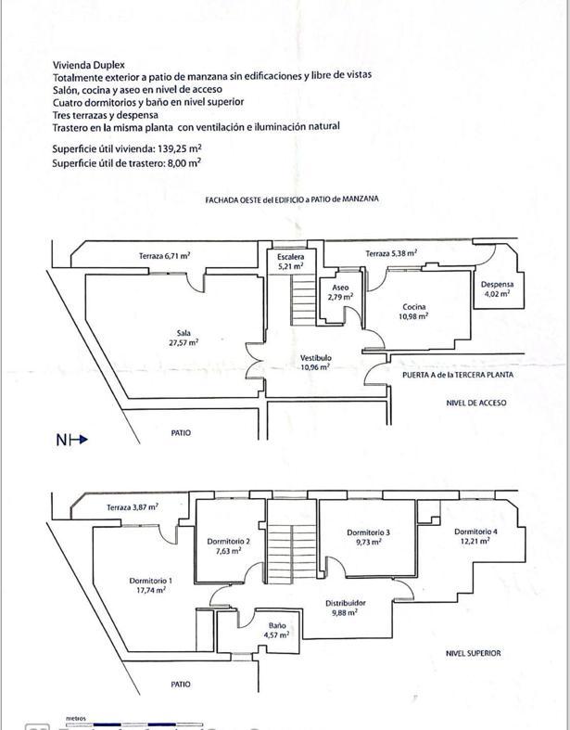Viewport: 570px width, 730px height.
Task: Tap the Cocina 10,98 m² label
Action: (413, 312)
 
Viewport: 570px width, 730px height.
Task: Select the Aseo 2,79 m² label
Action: (340, 292)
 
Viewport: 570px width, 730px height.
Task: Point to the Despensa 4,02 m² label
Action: (497, 289)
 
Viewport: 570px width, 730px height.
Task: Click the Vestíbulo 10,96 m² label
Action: (316, 363)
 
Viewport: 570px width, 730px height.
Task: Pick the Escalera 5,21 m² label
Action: (290, 261)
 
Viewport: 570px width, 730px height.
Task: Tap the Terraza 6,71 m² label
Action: (165, 255)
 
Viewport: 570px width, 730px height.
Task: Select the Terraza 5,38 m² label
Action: (390, 253)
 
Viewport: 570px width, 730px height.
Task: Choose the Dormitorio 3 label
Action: (368, 537)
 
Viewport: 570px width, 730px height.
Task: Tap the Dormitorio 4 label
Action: (476, 536)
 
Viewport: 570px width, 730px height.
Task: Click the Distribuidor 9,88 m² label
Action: (346, 608)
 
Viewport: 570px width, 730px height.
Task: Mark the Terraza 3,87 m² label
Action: (132, 507)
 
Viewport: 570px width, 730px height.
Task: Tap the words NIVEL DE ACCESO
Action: (476, 403)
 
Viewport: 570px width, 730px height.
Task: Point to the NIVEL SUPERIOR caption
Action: (474, 653)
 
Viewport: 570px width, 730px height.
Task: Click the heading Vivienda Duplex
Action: (95, 64)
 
